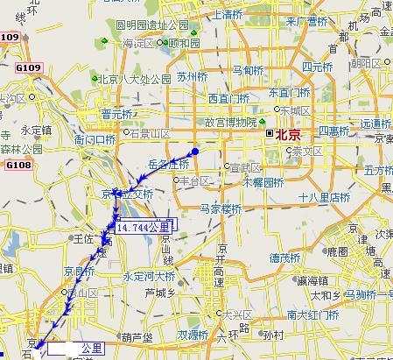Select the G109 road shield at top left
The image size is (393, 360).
click(10, 37)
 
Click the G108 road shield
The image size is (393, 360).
click(18, 164)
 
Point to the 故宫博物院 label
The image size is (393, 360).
click(228, 123)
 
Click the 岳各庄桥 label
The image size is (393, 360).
click(168, 164)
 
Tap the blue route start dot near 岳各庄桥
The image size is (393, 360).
click(195, 152)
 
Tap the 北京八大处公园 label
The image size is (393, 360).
click(134, 79)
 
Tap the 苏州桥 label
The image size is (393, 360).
click(191, 76)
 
